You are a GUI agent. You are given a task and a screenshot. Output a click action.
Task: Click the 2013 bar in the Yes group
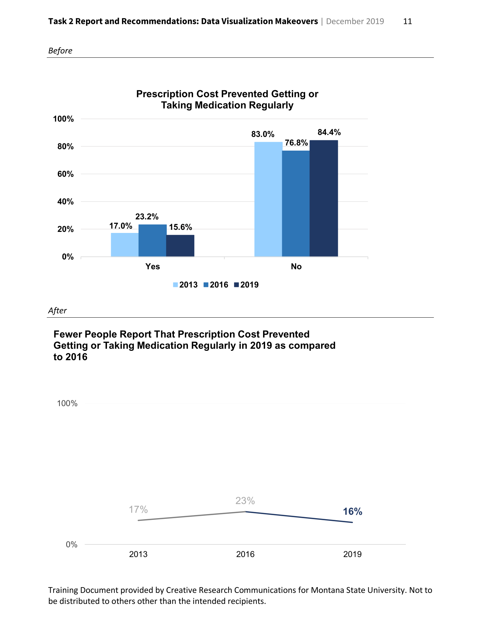tap(125, 245)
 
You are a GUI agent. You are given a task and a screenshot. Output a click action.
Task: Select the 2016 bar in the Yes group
tap(152, 240)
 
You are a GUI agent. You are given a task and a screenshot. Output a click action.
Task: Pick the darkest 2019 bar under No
tap(324, 198)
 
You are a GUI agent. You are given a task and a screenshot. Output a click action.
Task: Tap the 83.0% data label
tap(263, 134)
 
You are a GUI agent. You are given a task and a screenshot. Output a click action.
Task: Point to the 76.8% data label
tap(296, 143)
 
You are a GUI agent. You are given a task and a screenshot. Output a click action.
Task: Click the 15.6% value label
tap(180, 227)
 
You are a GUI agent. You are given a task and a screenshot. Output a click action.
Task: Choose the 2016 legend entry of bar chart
tap(216, 285)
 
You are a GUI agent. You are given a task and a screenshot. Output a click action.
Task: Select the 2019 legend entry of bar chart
tap(246, 285)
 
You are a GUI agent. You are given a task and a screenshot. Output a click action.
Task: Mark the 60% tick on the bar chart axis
tap(65, 174)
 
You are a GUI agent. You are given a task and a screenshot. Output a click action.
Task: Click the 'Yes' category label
tap(152, 266)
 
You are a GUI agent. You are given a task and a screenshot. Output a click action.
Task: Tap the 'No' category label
tap(296, 266)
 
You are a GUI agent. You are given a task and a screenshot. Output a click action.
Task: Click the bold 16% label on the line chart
tap(352, 511)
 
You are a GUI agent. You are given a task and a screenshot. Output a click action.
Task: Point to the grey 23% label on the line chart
tap(245, 501)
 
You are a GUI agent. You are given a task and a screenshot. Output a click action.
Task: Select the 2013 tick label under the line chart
tap(138, 554)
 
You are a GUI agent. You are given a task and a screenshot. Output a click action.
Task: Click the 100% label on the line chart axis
tap(67, 403)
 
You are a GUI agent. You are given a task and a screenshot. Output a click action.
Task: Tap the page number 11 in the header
tap(407, 21)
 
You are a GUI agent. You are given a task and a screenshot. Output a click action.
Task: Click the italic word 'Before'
tap(60, 51)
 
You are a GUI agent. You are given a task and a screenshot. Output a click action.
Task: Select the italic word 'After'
tap(57, 310)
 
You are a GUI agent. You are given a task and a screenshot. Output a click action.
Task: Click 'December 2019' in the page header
tap(355, 21)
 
